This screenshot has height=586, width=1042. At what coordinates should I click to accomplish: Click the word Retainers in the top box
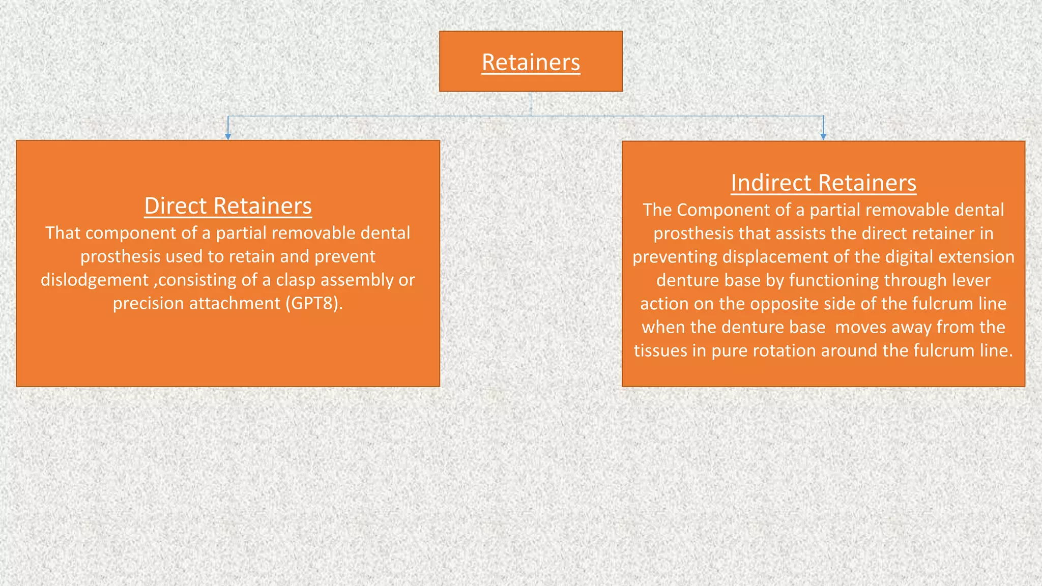coord(531,63)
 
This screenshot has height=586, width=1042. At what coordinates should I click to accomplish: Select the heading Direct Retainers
coord(228,206)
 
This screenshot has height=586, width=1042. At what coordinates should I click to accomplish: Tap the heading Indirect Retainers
coord(823,183)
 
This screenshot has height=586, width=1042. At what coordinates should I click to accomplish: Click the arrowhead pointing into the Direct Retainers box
coord(228,136)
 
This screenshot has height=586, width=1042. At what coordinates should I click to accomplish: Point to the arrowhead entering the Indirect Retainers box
coord(823,136)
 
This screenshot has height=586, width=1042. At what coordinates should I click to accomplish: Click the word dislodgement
coord(95,280)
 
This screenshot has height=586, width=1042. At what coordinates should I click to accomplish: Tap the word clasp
coord(296,280)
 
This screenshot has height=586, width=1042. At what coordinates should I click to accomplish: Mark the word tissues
coord(660,350)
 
